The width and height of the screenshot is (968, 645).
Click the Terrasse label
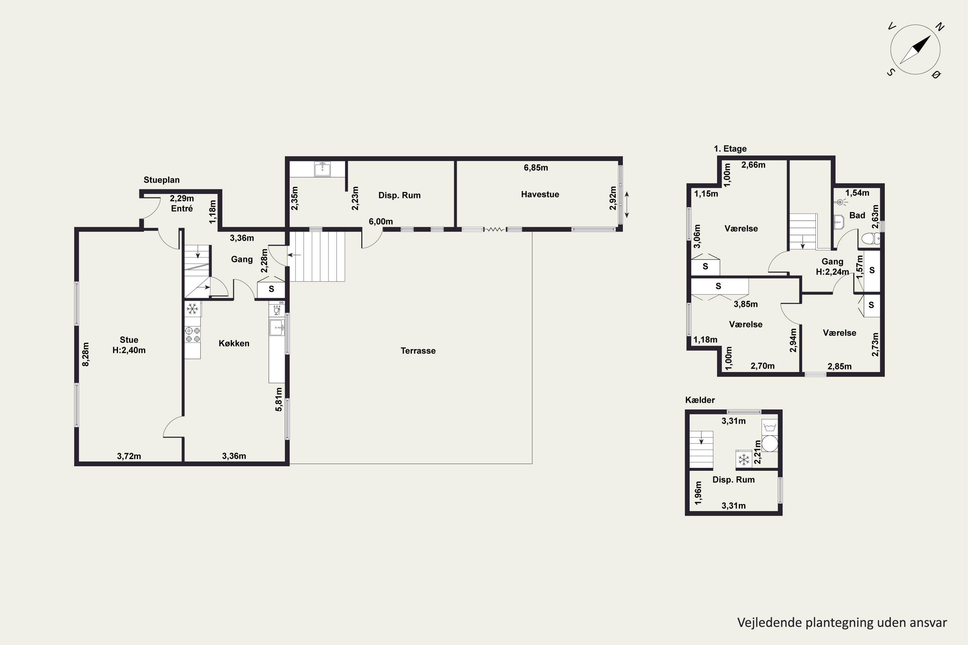coord(418,351)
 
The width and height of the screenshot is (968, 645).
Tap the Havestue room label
coord(540,194)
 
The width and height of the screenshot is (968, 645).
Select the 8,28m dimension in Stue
coord(86,354)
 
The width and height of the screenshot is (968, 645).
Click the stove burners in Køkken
coord(193,334)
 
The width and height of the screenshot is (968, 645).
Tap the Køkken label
coord(234,343)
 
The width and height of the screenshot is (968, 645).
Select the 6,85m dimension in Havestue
coord(536,168)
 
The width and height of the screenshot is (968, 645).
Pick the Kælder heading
coord(700,400)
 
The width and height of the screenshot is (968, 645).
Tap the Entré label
coord(182,209)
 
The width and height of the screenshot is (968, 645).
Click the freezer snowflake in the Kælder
coord(744,460)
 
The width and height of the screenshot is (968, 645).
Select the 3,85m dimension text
coord(745,304)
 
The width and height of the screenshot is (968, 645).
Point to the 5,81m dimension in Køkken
coord(279,399)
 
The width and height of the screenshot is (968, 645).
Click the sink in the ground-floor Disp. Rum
coord(322,169)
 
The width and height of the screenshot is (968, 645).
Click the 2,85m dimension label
coord(840,366)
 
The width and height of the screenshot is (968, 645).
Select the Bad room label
coord(857,215)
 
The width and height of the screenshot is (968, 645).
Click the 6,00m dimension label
coord(381,222)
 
